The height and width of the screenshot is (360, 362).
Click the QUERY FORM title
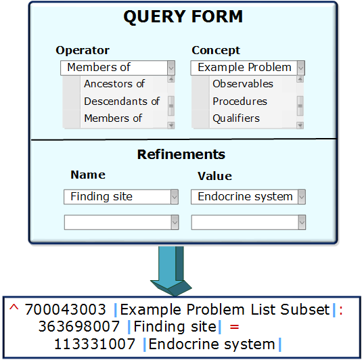click(x=183, y=17)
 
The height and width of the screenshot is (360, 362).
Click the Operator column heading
click(x=83, y=50)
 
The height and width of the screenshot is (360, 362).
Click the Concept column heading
click(x=216, y=50)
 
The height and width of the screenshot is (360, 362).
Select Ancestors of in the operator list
click(x=114, y=84)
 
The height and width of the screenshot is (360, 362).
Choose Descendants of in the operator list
click(x=122, y=101)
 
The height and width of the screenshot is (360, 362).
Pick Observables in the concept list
click(x=243, y=84)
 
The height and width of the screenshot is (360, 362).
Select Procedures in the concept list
click(x=240, y=101)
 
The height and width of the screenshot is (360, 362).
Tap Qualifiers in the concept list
click(x=236, y=118)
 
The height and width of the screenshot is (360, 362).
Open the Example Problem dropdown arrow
click(x=301, y=68)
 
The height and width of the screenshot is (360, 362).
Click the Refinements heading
click(x=181, y=154)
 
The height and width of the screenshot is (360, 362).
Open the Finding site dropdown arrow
click(x=175, y=197)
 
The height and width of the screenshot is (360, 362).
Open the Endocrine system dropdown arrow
click(x=302, y=197)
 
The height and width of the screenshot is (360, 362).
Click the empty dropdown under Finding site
click(x=121, y=223)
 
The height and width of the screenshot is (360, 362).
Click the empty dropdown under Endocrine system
click(x=248, y=223)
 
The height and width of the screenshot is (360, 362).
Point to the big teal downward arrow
click(x=171, y=271)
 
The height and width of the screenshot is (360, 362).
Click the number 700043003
click(x=66, y=309)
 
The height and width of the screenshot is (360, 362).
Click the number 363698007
click(x=79, y=327)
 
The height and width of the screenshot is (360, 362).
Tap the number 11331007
click(x=95, y=344)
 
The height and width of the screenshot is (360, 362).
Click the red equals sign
click(x=234, y=327)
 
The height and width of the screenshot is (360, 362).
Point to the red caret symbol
click(x=14, y=307)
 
